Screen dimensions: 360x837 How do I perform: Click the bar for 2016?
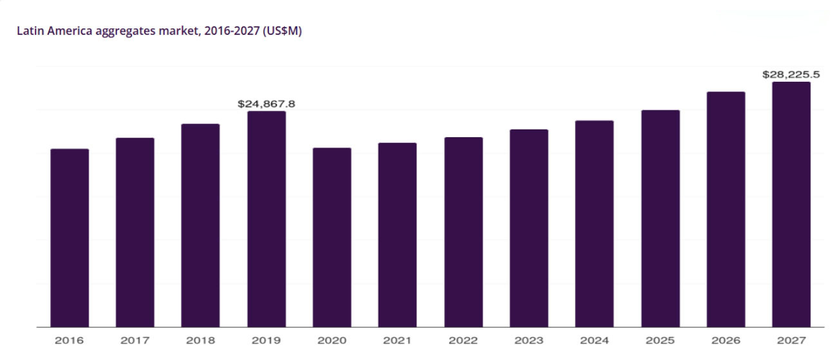70,238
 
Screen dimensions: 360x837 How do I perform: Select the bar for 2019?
267,219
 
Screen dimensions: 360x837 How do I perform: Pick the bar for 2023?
529,228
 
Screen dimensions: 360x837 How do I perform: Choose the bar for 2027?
791,204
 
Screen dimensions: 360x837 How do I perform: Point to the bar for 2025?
661,218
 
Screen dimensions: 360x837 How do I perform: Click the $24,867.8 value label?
267,104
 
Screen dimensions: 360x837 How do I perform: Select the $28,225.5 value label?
791,75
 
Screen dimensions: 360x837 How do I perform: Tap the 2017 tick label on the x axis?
135,340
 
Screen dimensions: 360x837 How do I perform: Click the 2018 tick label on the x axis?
201,340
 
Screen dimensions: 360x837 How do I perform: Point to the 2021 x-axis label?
397,340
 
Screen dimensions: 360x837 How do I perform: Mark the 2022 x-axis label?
464,340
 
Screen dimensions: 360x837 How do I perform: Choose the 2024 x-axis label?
594,340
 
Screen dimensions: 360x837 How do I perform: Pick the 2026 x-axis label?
726,340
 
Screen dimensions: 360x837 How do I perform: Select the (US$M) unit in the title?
283,31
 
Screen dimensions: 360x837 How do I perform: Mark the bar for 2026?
726,209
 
